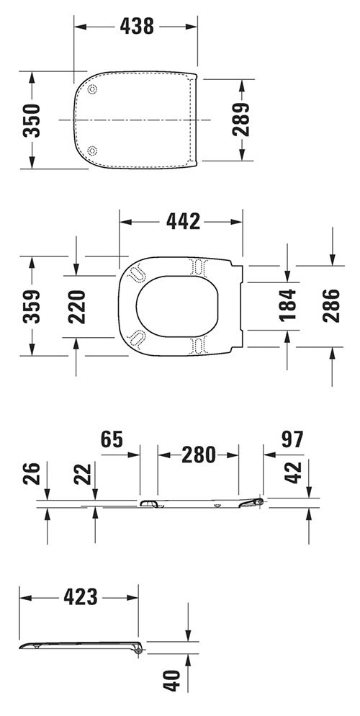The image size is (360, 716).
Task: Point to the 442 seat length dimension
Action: pos(182,222)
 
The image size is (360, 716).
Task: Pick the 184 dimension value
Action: pos(287,305)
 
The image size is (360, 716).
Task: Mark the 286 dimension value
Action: pos(330,305)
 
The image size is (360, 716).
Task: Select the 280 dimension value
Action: pos(198,455)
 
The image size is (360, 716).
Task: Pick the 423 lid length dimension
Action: pos(80,597)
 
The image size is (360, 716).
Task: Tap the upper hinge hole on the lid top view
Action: pos(92,90)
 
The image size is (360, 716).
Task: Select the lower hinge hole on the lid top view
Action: pos(92,149)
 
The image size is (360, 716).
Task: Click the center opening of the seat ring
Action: pos(176,305)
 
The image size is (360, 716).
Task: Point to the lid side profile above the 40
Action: pos(79,645)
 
